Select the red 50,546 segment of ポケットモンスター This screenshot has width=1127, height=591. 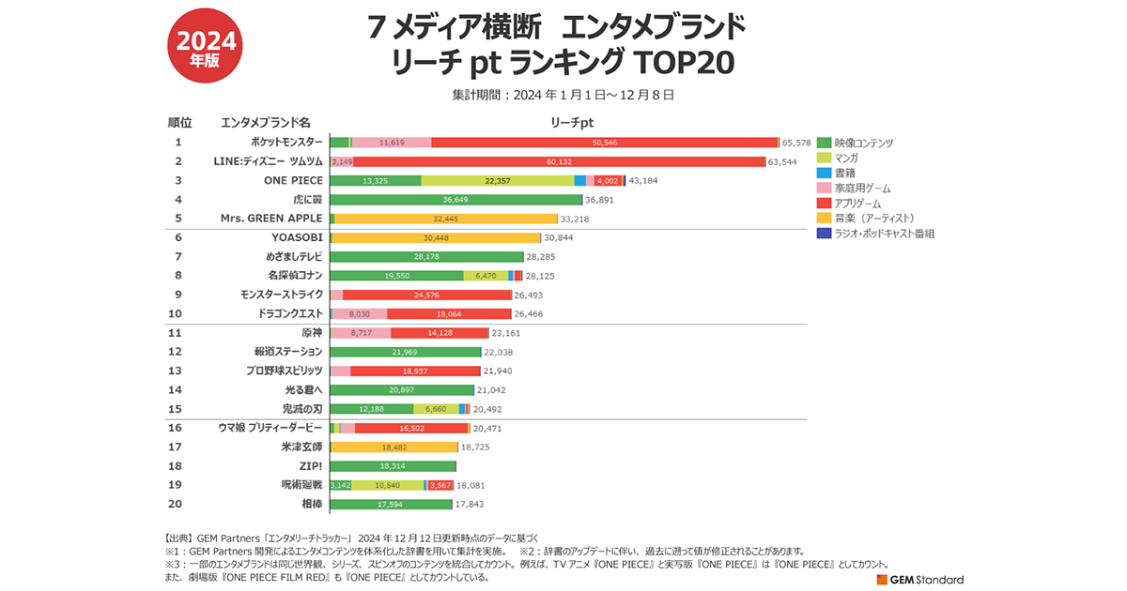coord(605,143)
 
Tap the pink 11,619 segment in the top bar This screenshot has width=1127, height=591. coord(392,143)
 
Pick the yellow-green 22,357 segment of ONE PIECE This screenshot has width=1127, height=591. coord(498,180)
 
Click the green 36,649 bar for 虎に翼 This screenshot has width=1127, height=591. coord(456,199)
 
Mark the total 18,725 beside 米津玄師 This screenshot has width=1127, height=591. coord(475,447)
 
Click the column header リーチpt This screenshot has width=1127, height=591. coord(573,122)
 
